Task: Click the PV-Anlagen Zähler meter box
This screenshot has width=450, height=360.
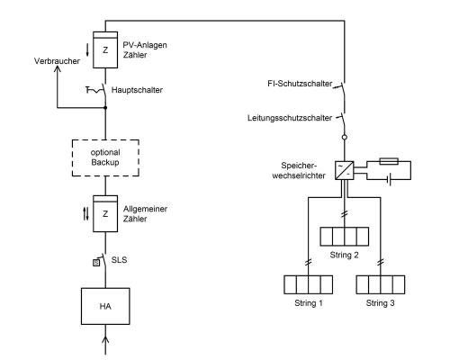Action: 105,49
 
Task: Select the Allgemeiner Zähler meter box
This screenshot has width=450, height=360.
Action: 105,213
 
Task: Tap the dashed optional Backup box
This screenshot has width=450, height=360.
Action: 105,157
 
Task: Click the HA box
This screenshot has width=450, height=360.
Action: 105,306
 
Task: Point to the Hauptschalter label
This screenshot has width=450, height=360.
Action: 137,90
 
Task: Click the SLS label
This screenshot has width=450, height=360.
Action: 119,260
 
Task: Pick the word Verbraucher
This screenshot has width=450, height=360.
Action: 57,61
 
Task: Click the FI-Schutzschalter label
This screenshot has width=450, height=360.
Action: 300,84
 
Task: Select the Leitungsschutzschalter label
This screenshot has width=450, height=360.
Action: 290,118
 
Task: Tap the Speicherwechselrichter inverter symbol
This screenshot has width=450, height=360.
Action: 345,170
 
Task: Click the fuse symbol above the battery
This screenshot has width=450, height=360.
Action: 389,161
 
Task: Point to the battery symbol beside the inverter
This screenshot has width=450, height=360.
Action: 390,180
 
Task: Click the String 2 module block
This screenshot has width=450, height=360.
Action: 345,237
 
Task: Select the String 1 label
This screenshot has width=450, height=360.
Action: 309,303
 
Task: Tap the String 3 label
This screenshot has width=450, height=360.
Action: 380,303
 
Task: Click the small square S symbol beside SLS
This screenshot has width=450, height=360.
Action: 96,263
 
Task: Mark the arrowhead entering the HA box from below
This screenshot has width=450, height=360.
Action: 105,340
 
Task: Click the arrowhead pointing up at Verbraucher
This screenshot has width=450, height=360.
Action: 57,69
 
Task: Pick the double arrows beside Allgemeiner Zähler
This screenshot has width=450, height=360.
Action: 86,213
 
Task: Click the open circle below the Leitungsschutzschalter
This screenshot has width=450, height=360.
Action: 345,137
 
